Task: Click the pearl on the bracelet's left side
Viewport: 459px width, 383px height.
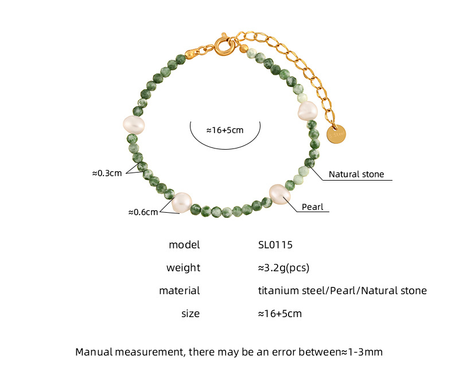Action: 133,124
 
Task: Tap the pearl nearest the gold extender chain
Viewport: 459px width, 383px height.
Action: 308,111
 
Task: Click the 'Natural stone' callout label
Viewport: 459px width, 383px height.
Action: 356,174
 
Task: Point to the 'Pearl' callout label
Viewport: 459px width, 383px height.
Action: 313,206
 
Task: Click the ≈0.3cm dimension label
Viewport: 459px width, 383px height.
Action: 107,173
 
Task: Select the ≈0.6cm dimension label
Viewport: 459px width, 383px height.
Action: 142,212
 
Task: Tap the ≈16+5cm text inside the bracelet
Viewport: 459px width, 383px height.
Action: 224,130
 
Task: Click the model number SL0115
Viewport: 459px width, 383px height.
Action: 275,245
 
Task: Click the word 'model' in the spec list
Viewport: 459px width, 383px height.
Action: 184,245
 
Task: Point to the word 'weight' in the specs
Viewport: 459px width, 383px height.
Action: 183,268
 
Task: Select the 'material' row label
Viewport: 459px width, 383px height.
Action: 179,291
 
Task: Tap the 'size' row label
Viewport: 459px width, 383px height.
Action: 190,314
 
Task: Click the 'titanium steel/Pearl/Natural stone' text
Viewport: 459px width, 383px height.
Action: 342,291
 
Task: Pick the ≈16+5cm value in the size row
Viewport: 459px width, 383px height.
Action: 279,314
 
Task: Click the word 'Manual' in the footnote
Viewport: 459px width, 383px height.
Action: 95,351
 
